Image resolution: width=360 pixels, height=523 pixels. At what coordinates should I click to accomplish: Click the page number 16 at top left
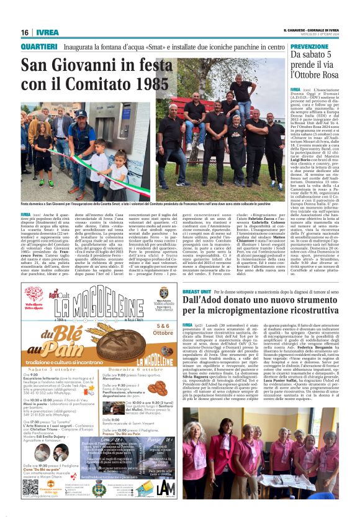point(24,32)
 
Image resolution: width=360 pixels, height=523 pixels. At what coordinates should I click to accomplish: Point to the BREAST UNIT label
point(197,291)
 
